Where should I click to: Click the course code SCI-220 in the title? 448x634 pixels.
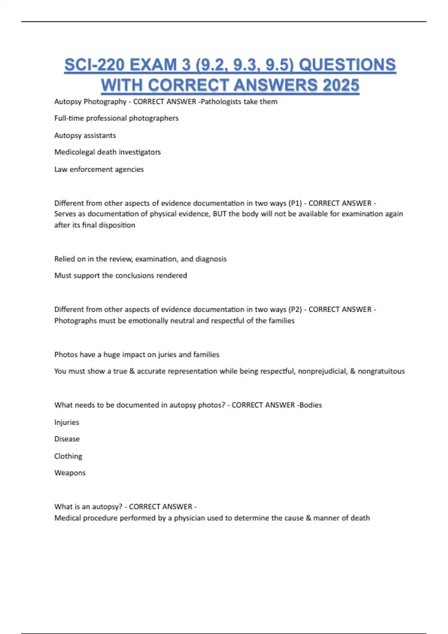click(x=94, y=65)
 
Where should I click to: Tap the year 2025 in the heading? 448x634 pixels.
click(x=340, y=85)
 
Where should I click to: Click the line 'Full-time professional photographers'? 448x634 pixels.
click(x=116, y=118)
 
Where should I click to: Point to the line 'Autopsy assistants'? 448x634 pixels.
click(x=85, y=135)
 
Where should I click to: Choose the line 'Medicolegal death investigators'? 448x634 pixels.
click(x=108, y=152)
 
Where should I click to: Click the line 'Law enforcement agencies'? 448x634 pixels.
click(x=99, y=169)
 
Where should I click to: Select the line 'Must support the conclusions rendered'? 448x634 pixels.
click(x=121, y=276)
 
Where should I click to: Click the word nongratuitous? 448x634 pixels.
click(x=381, y=371)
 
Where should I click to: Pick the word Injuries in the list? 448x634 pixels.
click(x=67, y=423)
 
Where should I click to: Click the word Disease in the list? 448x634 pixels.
click(x=67, y=439)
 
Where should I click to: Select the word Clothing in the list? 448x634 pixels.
click(x=68, y=456)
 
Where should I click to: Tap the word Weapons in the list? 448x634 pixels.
click(x=70, y=473)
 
